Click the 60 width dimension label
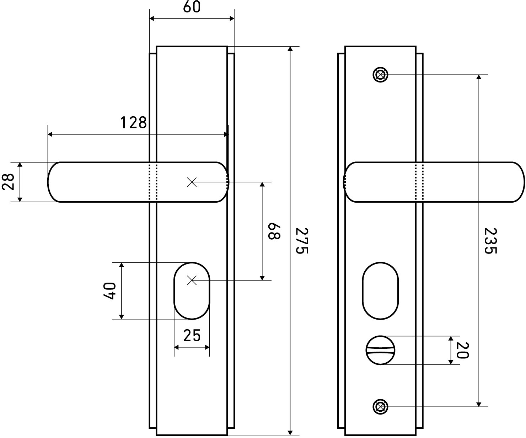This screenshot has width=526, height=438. [192, 7]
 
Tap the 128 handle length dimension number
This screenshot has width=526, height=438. [134, 123]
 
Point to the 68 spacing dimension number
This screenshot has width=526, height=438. [274, 231]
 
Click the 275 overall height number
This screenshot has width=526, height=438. [301, 241]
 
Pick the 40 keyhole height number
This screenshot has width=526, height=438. [109, 290]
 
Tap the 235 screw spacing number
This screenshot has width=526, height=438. [490, 241]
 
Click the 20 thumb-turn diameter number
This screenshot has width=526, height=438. [462, 350]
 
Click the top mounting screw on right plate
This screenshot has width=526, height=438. [380, 75]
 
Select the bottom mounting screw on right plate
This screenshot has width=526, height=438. [380, 407]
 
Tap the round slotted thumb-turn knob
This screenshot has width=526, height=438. [380, 350]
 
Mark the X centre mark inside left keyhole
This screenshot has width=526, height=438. [192, 280]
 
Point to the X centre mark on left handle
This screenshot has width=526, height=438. [192, 182]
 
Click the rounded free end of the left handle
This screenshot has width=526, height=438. [48, 182]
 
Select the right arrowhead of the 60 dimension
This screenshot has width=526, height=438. [232, 18]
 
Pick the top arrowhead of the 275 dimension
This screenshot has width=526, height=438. [290, 49]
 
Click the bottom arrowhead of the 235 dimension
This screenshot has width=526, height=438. [479, 404]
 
